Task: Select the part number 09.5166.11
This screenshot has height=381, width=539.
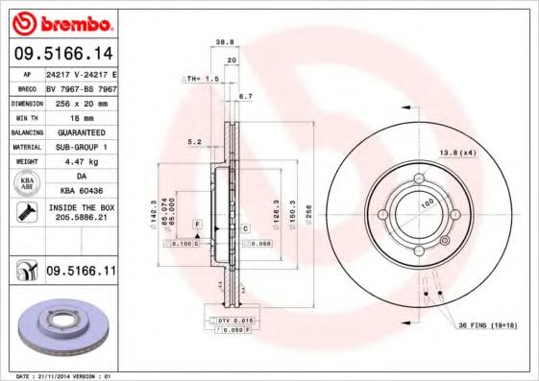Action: click(81, 273)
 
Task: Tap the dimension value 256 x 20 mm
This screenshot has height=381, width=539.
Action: click(81, 101)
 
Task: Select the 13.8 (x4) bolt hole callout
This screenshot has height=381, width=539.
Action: click(457, 153)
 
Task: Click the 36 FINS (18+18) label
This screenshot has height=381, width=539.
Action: click(487, 325)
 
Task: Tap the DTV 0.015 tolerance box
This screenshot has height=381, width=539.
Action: click(234, 319)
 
